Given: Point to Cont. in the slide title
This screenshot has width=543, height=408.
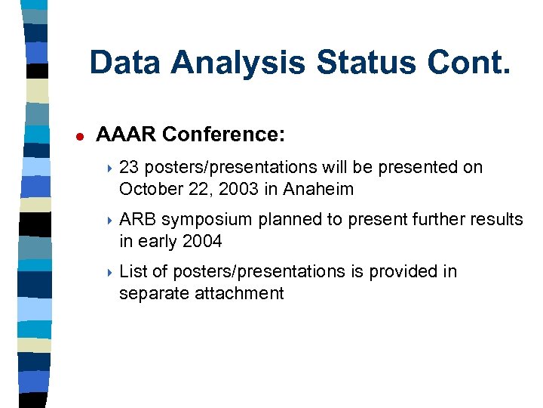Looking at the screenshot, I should tap(468, 63).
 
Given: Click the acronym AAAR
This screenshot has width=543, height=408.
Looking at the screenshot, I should tap(126, 134).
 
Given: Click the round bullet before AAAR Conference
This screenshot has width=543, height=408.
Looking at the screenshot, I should tap(77, 136).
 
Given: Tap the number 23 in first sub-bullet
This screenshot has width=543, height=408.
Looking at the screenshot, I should tap(129, 168).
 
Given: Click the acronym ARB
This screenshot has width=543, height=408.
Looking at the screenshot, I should tap(137, 220).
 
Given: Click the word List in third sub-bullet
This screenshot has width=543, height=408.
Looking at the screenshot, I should tap(133, 272).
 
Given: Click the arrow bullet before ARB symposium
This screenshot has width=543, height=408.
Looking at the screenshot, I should tap(109, 221).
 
